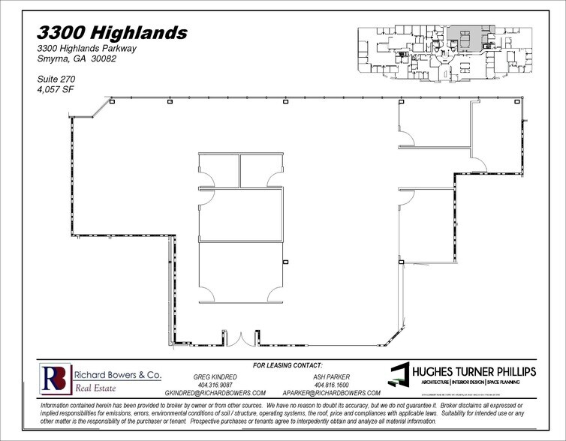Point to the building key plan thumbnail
point(438,53)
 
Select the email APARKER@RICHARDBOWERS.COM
point(331,393)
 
